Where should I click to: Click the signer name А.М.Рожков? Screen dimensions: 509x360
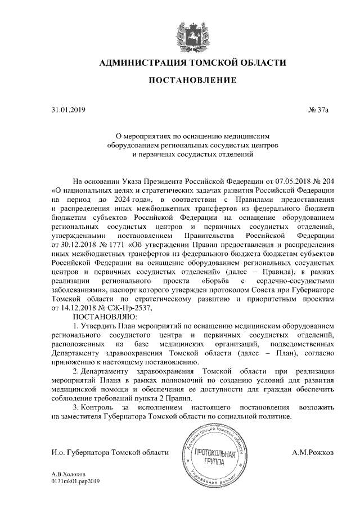313,452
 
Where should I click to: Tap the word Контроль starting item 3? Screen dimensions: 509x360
100,407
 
